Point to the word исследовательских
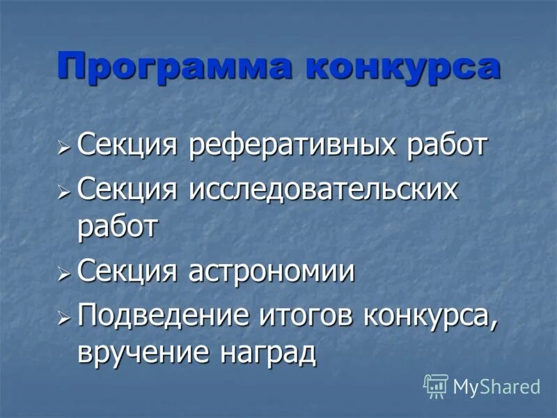324,189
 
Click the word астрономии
272,272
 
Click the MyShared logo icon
436,385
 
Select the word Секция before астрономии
130,272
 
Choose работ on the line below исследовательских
118,228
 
